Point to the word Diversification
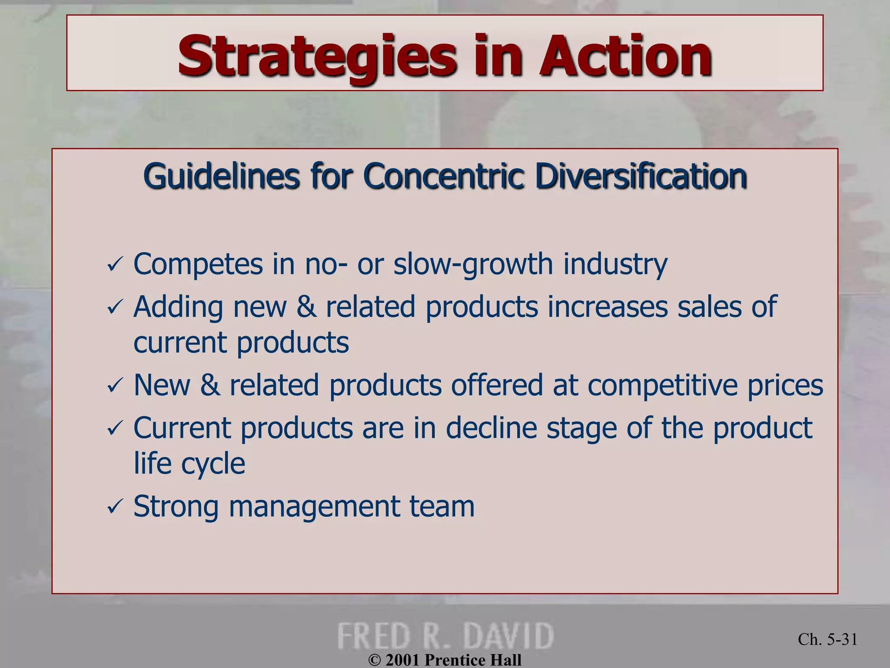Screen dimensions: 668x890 [x=641, y=176]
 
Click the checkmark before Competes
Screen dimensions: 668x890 [x=115, y=265]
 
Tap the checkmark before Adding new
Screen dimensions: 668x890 [x=115, y=307]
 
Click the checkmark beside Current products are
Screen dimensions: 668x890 [x=115, y=429]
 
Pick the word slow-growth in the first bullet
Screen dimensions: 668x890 [x=473, y=264]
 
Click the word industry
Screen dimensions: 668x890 [x=615, y=264]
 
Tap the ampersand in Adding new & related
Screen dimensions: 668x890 [x=306, y=307]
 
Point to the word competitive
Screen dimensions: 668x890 [x=662, y=385]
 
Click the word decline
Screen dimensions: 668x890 [x=491, y=428]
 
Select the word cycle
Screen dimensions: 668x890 [x=213, y=464]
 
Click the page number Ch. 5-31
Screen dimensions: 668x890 [x=827, y=639]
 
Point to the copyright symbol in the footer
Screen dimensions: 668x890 [x=374, y=660]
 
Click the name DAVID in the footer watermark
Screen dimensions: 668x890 [x=508, y=636]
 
